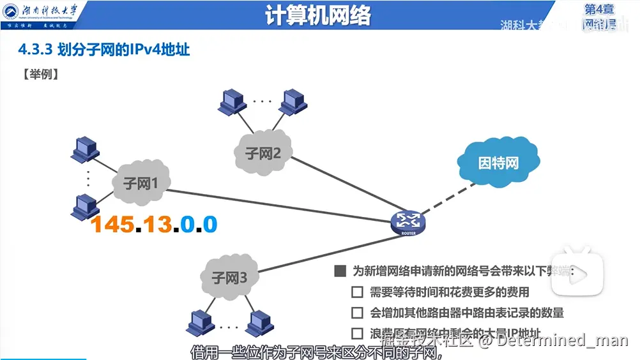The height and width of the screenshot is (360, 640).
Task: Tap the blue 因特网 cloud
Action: point(498,162)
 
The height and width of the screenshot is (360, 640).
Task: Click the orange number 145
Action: point(112,224)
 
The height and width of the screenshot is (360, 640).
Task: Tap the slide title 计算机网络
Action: point(319,16)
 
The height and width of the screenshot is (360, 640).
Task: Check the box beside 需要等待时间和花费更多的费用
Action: point(358,293)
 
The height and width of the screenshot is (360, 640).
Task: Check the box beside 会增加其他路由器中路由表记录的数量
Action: point(358,313)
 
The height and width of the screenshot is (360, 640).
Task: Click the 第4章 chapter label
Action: point(600,10)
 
